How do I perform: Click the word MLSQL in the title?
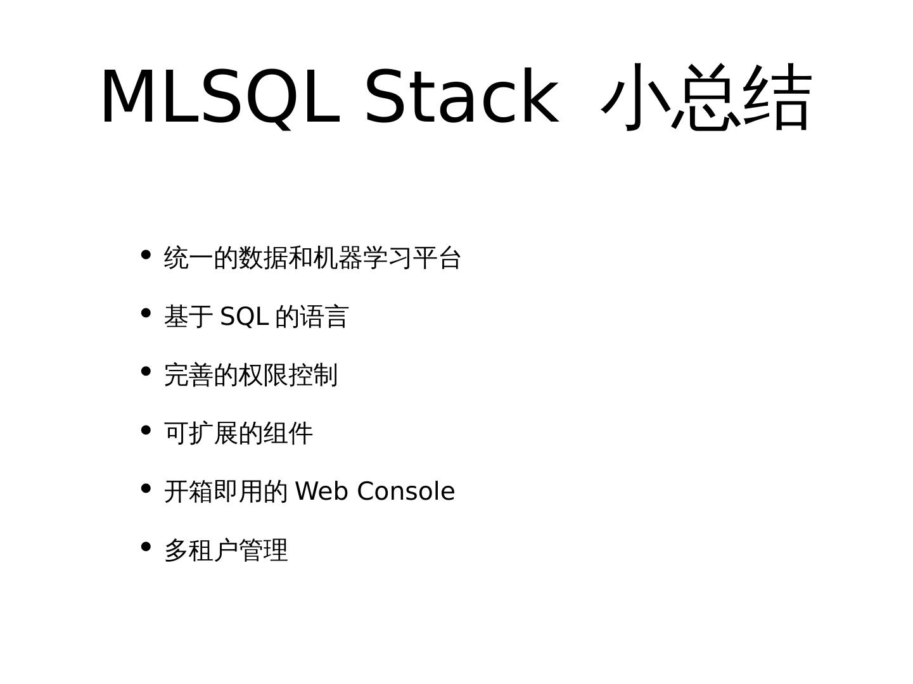pyautogui.click(x=220, y=97)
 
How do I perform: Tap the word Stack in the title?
pyautogui.click(x=461, y=97)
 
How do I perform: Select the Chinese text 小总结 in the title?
pyautogui.click(x=706, y=97)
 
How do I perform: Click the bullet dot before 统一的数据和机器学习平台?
pyautogui.click(x=146, y=255)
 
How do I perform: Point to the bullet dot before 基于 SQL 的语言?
pyautogui.click(x=146, y=313)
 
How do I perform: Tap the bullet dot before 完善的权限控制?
pyautogui.click(x=146, y=372)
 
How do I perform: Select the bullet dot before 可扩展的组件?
pyautogui.click(x=146, y=431)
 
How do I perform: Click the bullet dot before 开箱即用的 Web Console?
pyautogui.click(x=146, y=488)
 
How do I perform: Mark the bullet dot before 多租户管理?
pyautogui.click(x=146, y=547)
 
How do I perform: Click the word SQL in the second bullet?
pyautogui.click(x=244, y=316)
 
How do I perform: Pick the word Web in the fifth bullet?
pyautogui.click(x=322, y=491)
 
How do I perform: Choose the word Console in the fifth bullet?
pyautogui.click(x=405, y=491)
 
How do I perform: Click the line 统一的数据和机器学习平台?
pyautogui.click(x=312, y=258)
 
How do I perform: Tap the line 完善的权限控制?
pyautogui.click(x=251, y=375)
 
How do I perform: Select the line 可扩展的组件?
pyautogui.click(x=238, y=433)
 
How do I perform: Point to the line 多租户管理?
pyautogui.click(x=226, y=550)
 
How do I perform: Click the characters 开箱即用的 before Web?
pyautogui.click(x=226, y=491)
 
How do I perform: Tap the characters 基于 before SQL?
pyautogui.click(x=188, y=316)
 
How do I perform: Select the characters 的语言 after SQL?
pyautogui.click(x=312, y=316)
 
